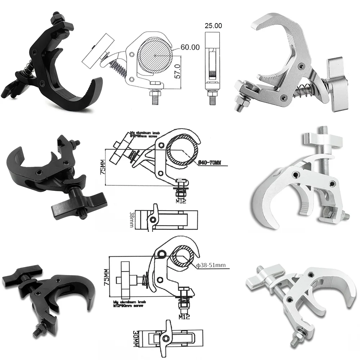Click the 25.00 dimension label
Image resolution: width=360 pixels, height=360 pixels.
[213, 26]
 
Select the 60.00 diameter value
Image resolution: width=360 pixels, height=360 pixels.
[190, 48]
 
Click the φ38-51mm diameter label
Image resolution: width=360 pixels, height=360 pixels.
[211, 266]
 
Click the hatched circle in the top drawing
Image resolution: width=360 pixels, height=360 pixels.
[154, 55]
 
